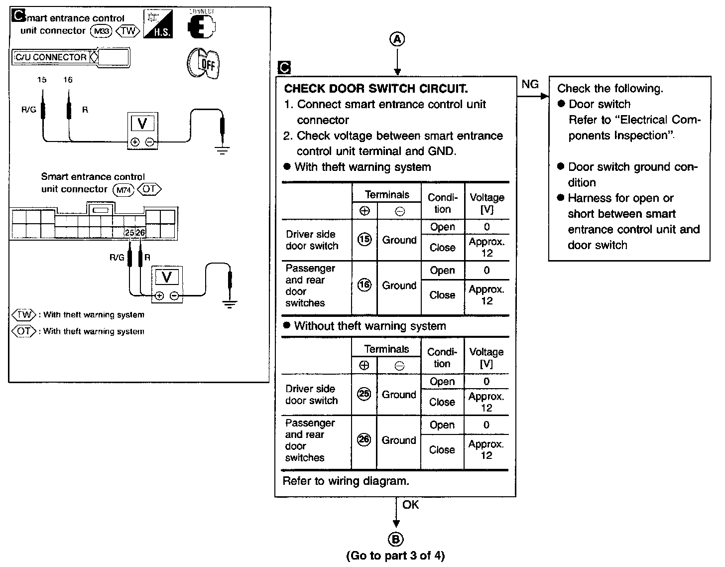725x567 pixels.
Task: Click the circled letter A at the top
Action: [397, 39]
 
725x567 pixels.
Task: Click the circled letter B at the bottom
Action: [396, 539]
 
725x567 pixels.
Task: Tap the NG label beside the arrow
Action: [530, 85]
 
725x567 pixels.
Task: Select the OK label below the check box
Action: [411, 505]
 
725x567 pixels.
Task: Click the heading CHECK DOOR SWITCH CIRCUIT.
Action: [376, 89]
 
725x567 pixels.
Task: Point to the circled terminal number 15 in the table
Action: [364, 240]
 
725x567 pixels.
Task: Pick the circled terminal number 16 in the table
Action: [364, 285]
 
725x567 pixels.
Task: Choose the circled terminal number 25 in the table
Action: [364, 395]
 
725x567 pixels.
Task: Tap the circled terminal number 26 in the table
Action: [364, 440]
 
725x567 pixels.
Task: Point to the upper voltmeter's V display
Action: [142, 123]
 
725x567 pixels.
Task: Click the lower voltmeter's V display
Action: [167, 278]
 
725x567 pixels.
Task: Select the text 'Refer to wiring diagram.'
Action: [346, 481]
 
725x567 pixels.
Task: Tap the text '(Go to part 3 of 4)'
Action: [395, 556]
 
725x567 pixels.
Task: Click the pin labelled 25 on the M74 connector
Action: [129, 232]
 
